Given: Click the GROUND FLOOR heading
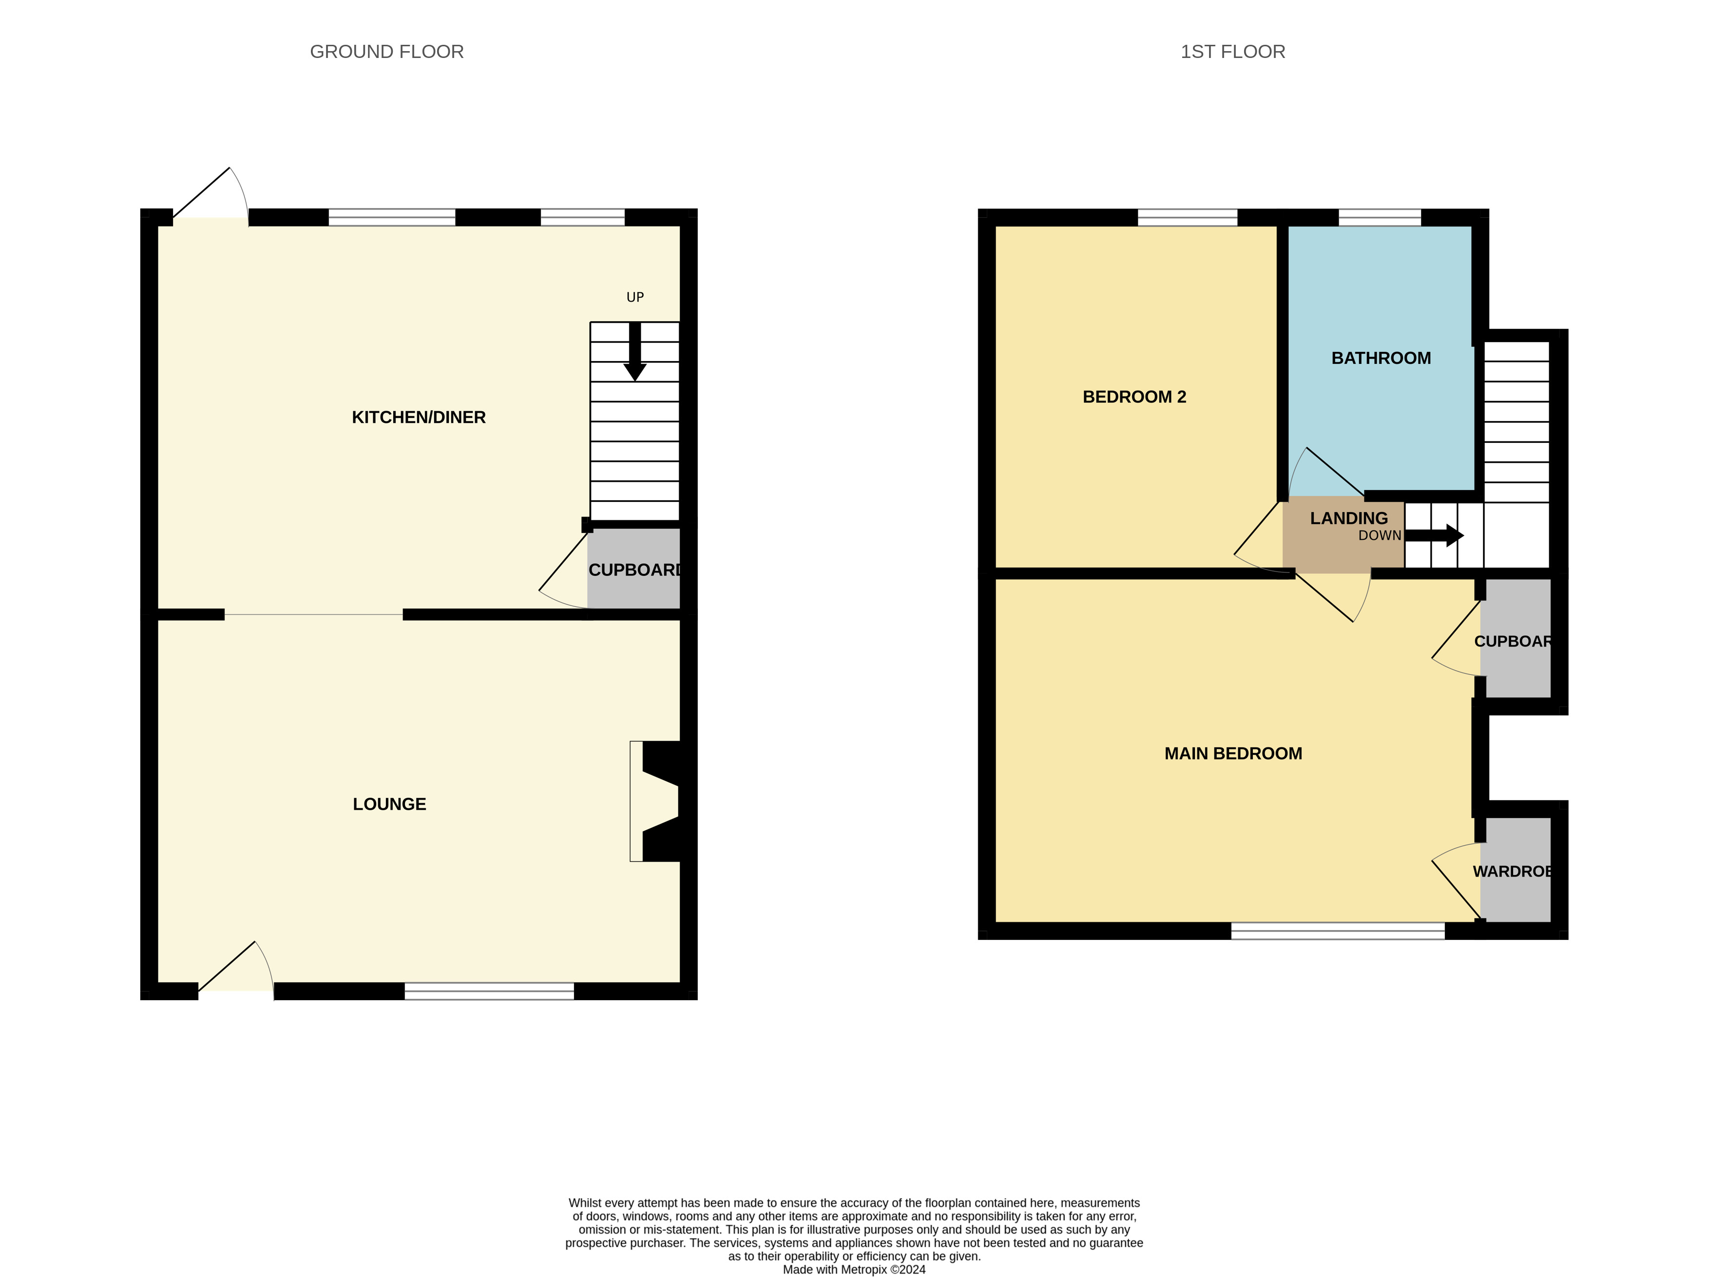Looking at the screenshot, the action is (x=386, y=52).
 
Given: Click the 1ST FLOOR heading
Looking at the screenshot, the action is (x=1232, y=52).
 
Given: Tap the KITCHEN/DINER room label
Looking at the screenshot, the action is (x=419, y=417).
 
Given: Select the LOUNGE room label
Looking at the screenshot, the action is (x=389, y=804).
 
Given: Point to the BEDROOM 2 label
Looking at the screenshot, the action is (x=1134, y=397).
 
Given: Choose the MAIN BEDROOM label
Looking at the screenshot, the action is (x=1233, y=753).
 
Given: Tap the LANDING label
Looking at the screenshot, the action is (x=1349, y=518).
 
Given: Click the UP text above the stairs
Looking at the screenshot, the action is (x=635, y=297).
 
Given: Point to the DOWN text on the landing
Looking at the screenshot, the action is (x=1380, y=535).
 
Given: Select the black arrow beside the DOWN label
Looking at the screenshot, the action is (x=1434, y=535).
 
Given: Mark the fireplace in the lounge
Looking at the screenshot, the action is (x=655, y=801).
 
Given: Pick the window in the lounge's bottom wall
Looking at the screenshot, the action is (x=489, y=991).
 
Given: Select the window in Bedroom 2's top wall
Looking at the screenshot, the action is (x=1188, y=217).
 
